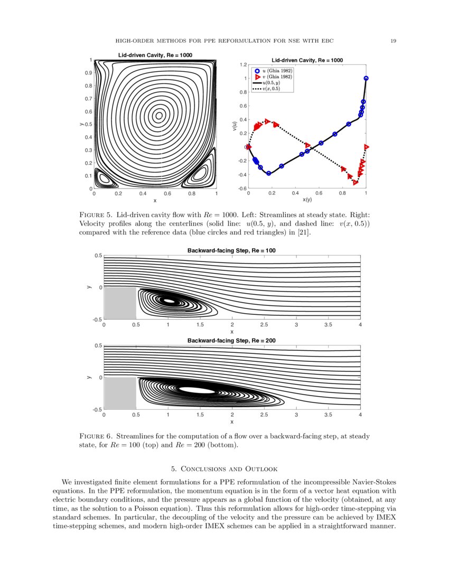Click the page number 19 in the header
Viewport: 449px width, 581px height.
click(x=394, y=41)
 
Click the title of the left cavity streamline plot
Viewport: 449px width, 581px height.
click(x=154, y=55)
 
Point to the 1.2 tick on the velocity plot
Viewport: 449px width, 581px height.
click(x=244, y=64)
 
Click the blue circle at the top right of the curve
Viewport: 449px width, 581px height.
click(x=366, y=78)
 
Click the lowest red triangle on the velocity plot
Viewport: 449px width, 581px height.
click(x=356, y=183)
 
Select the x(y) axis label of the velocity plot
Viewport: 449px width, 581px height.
click(x=307, y=200)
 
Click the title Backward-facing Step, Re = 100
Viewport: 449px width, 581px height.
click(x=231, y=250)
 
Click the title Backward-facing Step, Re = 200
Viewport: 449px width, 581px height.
click(x=231, y=341)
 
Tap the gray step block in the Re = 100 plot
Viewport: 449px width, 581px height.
click(x=120, y=303)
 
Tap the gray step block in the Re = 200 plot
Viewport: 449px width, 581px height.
click(x=120, y=393)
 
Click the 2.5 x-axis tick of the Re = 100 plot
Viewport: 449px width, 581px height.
click(x=264, y=325)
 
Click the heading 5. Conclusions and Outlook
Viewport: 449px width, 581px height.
click(x=224, y=469)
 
